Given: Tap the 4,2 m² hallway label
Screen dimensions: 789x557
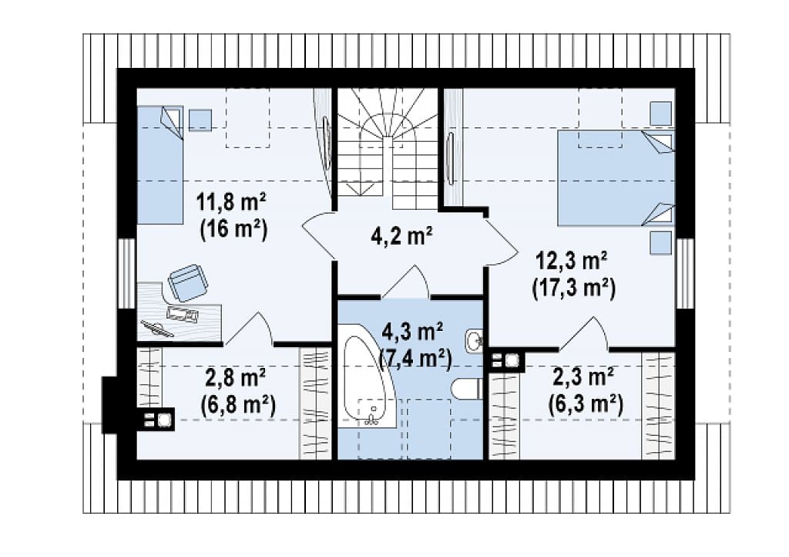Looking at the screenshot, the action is (x=401, y=235).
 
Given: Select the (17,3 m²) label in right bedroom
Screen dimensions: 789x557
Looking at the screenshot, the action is (x=573, y=289).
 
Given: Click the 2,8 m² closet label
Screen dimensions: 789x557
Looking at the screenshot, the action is (x=236, y=377).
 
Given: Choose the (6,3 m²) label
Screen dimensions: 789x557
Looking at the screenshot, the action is (x=586, y=404).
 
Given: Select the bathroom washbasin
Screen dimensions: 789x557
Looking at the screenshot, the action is (x=474, y=341).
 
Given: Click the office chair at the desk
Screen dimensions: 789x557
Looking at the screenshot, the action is (x=188, y=282).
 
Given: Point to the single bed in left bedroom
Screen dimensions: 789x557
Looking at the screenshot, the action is (x=160, y=164).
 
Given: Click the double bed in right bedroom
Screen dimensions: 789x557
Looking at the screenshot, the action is (x=616, y=178).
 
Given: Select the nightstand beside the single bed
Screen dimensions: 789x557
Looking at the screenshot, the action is (x=200, y=120).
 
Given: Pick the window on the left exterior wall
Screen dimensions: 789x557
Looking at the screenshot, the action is (x=126, y=273).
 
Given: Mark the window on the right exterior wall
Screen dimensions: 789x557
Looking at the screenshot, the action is (x=685, y=273).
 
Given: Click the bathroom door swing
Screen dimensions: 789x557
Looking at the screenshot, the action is (x=405, y=281).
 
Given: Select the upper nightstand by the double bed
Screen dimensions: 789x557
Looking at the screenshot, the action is (x=660, y=113).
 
